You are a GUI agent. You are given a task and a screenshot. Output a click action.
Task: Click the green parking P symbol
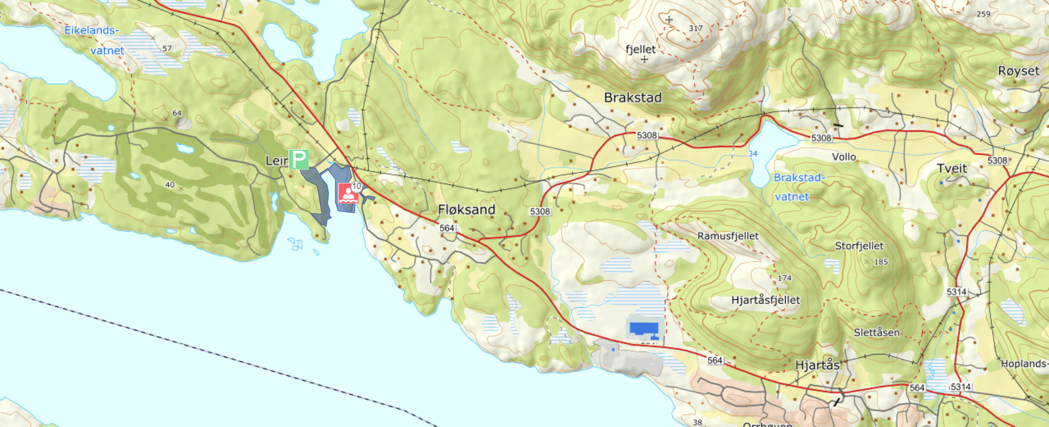tap(298, 159)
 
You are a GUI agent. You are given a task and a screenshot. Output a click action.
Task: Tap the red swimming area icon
tap(348, 193)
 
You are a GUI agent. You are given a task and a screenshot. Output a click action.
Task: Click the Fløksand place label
tap(467, 210)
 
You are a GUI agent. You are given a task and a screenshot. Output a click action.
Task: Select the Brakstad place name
tap(633, 98)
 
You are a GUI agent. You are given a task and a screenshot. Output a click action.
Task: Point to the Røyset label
tap(1018, 71)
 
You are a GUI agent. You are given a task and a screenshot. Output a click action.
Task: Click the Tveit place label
tap(952, 169)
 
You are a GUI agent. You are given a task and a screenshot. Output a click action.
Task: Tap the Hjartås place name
tap(817, 365)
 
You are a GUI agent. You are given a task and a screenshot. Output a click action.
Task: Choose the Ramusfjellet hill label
tap(728, 236)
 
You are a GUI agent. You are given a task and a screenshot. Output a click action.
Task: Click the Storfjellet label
tap(859, 246)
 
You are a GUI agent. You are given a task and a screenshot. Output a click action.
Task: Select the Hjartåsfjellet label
tap(765, 300)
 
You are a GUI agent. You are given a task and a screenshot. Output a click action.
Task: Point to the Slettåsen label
tap(876, 332)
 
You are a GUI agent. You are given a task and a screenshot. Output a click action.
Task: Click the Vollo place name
tap(844, 157)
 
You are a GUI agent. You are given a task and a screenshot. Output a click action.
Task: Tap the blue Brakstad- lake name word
tap(799, 177)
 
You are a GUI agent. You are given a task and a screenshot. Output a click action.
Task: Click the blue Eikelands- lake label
tap(91, 31)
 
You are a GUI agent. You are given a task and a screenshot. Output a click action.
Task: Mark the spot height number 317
tap(696, 28)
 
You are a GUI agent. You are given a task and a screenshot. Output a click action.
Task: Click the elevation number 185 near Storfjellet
tap(881, 262)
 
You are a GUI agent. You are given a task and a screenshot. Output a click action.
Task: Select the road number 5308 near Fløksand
tap(540, 211)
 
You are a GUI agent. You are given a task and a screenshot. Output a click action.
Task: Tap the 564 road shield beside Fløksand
tap(447, 228)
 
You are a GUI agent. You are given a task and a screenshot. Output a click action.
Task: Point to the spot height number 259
tap(983, 14)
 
